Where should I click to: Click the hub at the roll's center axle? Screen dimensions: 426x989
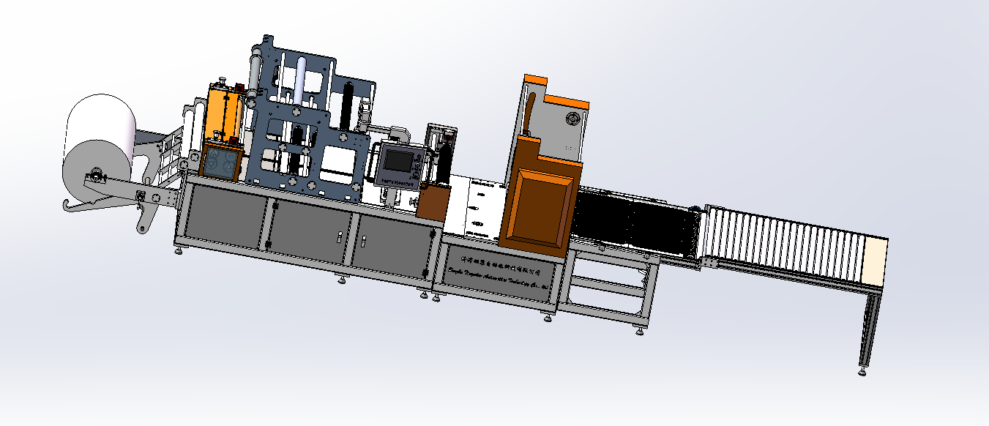(x=94, y=176)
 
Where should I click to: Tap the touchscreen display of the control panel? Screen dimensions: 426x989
(x=398, y=160)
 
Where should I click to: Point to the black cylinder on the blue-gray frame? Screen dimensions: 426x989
(x=348, y=106)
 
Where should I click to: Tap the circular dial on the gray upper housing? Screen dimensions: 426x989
(x=570, y=119)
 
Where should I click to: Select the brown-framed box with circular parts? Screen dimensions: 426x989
(x=220, y=162)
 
